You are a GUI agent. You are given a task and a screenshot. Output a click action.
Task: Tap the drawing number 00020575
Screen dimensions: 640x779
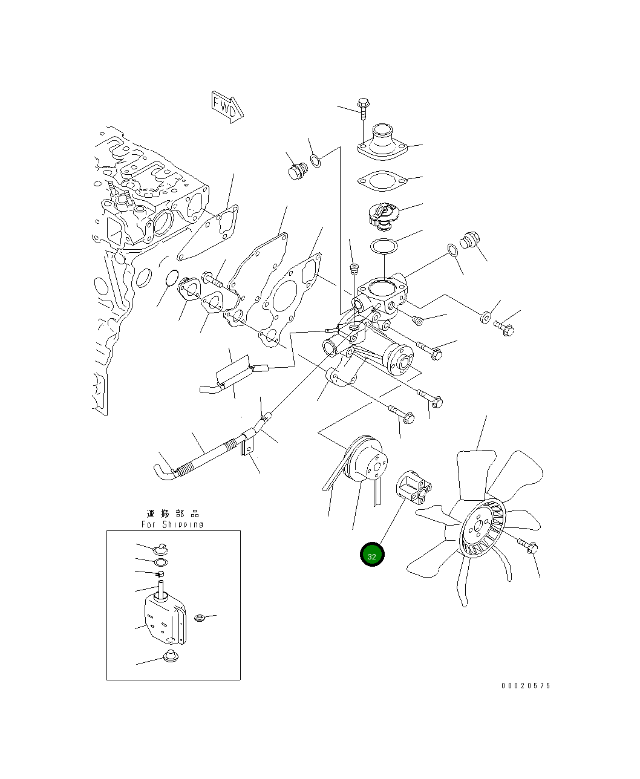(x=526, y=686)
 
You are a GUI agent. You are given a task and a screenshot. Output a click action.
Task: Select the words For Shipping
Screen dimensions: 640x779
(x=172, y=524)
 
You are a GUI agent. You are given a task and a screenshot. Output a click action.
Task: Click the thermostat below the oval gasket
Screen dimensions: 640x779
(x=384, y=216)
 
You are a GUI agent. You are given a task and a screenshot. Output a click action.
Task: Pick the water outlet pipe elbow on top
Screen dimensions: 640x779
(x=382, y=142)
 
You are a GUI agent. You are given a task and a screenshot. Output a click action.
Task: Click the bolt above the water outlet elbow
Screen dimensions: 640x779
(x=363, y=109)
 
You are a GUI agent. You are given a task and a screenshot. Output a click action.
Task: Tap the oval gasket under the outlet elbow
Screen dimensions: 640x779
(x=382, y=181)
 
